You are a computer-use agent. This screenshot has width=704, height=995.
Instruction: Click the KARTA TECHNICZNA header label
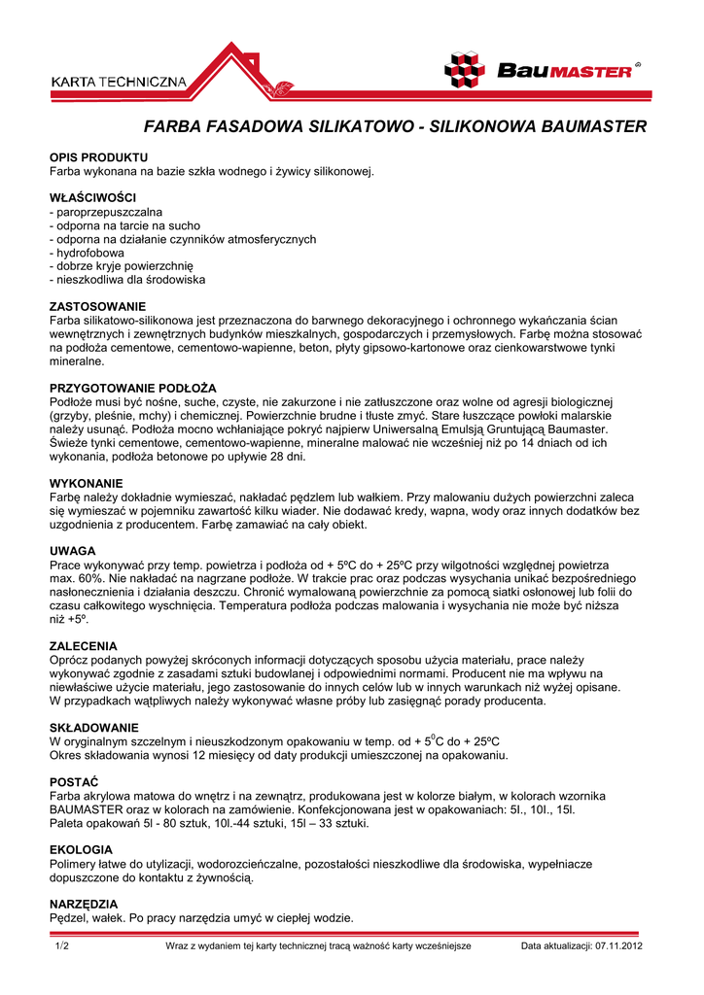tap(118, 83)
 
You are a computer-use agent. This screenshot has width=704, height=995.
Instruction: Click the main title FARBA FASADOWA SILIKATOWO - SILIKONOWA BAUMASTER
tap(396, 127)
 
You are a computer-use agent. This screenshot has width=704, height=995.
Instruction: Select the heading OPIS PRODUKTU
tap(98, 157)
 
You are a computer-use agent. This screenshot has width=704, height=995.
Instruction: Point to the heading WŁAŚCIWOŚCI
tap(92, 198)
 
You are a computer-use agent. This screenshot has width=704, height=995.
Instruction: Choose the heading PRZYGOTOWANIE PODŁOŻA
tap(132, 389)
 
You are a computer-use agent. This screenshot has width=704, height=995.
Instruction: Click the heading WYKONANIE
tap(87, 483)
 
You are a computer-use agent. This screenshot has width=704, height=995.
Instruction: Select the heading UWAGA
tap(72, 551)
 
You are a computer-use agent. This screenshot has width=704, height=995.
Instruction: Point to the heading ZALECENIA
tap(84, 646)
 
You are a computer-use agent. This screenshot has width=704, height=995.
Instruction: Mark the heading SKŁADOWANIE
tap(93, 728)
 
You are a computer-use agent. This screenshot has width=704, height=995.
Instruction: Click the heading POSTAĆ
tap(74, 782)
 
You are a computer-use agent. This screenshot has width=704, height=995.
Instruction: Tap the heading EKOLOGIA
tap(81, 850)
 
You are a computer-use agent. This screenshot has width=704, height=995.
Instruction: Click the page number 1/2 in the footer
tap(62, 945)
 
